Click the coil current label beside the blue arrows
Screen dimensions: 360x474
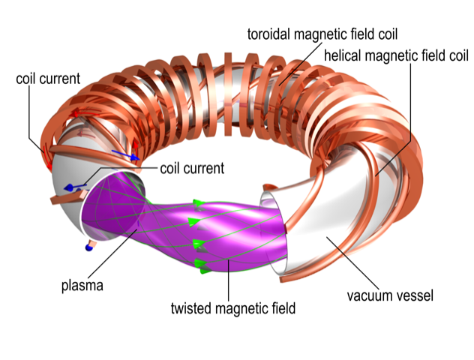coord(192,168)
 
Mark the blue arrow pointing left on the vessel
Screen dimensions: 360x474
coord(73,187)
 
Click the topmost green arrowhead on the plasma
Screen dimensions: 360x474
coord(199,203)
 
